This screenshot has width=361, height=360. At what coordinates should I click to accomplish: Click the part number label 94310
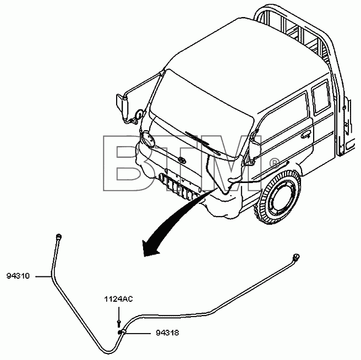pyautogui.click(x=18, y=276)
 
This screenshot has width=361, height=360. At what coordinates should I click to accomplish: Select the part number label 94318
pyautogui.click(x=167, y=333)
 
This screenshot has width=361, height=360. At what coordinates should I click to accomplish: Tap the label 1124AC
pyautogui.click(x=118, y=299)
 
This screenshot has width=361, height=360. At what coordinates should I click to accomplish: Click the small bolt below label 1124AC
pyautogui.click(x=118, y=323)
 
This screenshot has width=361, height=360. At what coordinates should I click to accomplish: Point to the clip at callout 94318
pyautogui.click(x=122, y=332)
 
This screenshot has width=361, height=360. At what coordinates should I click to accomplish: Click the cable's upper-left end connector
pyautogui.click(x=59, y=236)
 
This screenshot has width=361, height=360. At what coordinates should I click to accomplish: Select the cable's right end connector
pyautogui.click(x=296, y=256)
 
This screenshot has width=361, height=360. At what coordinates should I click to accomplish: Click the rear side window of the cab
pyautogui.click(x=321, y=97)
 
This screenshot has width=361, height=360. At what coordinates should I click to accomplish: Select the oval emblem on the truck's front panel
pyautogui.click(x=182, y=160)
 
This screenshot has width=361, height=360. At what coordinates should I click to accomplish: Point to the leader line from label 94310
pyautogui.click(x=43, y=276)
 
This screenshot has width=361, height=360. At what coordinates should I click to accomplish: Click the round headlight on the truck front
pyautogui.click(x=147, y=139)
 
